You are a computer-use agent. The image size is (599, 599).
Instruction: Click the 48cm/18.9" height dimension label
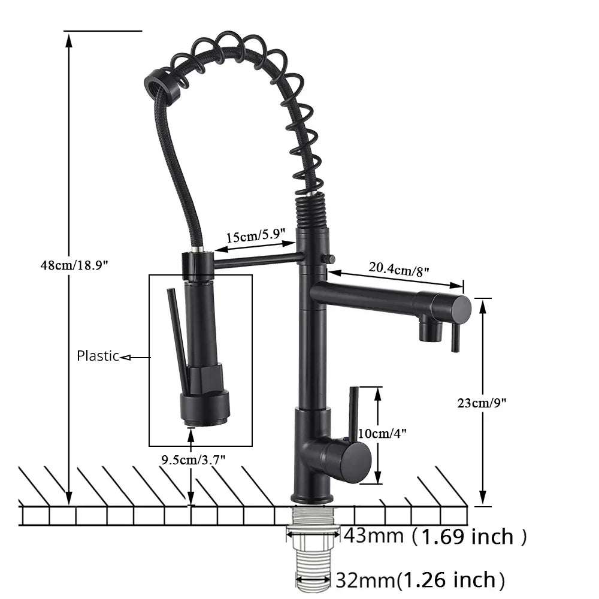pyautogui.click(x=74, y=265)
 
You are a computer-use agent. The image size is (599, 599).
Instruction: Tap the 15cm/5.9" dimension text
pyautogui.click(x=256, y=235)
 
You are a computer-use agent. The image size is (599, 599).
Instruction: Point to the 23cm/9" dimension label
pyautogui.click(x=482, y=403)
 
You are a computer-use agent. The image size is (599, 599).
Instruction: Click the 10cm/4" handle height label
pyautogui.click(x=382, y=433)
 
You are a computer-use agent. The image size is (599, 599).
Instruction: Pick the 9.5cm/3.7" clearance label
pyautogui.click(x=193, y=459)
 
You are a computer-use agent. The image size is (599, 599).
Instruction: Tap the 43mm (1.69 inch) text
pyautogui.click(x=435, y=536)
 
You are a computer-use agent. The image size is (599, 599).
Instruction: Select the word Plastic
pyautogui.click(x=98, y=356)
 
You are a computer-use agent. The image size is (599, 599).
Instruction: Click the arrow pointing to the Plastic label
pyautogui.click(x=135, y=358)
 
